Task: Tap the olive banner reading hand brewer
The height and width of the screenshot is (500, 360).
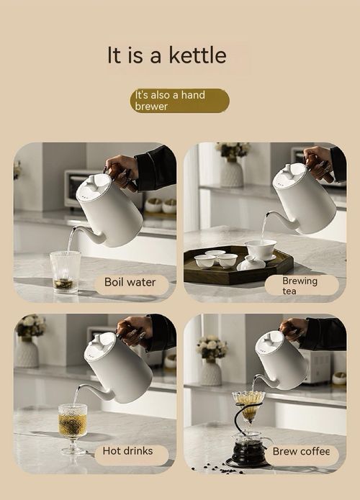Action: (x=179, y=101)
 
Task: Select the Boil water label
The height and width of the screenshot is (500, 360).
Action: (x=130, y=283)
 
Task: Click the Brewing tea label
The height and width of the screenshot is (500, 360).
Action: (x=300, y=285)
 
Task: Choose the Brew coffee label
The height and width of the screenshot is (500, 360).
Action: (x=301, y=452)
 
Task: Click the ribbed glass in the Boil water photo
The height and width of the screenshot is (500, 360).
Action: (x=65, y=272)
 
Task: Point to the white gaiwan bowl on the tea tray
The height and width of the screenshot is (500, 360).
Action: (x=261, y=249)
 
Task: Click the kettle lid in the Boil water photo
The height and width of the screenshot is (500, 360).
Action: (x=92, y=186)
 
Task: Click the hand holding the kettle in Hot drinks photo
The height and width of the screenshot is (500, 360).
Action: (x=135, y=329)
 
